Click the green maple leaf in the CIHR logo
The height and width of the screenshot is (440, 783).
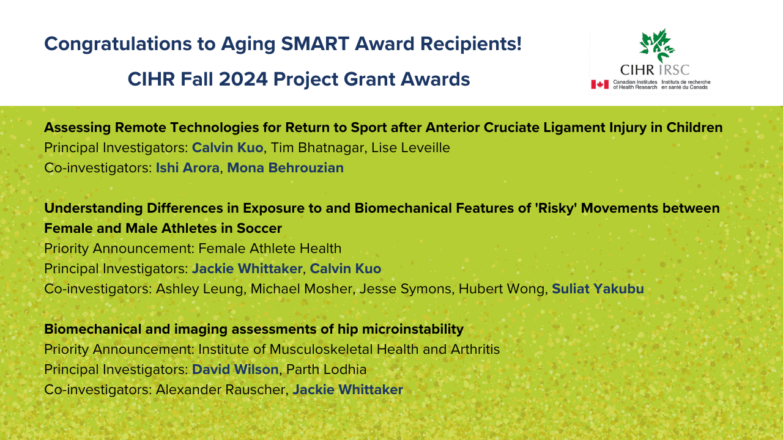click(x=657, y=45)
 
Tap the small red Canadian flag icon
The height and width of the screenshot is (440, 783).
click(x=600, y=84)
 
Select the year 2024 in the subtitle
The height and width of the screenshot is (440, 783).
click(x=243, y=79)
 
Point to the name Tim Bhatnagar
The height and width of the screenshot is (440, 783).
click(x=317, y=148)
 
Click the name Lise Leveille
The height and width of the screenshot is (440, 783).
click(x=410, y=148)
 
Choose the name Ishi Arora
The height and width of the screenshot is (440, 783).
click(x=187, y=168)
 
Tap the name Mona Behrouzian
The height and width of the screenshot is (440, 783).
click(x=285, y=168)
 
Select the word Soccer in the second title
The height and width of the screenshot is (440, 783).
click(x=259, y=229)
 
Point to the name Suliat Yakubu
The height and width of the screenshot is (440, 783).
click(x=598, y=289)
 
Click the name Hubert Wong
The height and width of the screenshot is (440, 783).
click(x=501, y=289)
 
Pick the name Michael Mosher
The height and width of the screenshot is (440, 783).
click(x=302, y=289)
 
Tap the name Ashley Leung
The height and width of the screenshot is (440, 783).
click(x=199, y=289)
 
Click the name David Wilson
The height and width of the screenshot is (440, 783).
click(x=236, y=370)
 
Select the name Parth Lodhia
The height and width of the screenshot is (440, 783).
click(x=327, y=370)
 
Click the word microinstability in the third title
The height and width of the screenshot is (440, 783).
click(x=412, y=329)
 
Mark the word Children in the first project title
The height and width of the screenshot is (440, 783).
click(x=694, y=128)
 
